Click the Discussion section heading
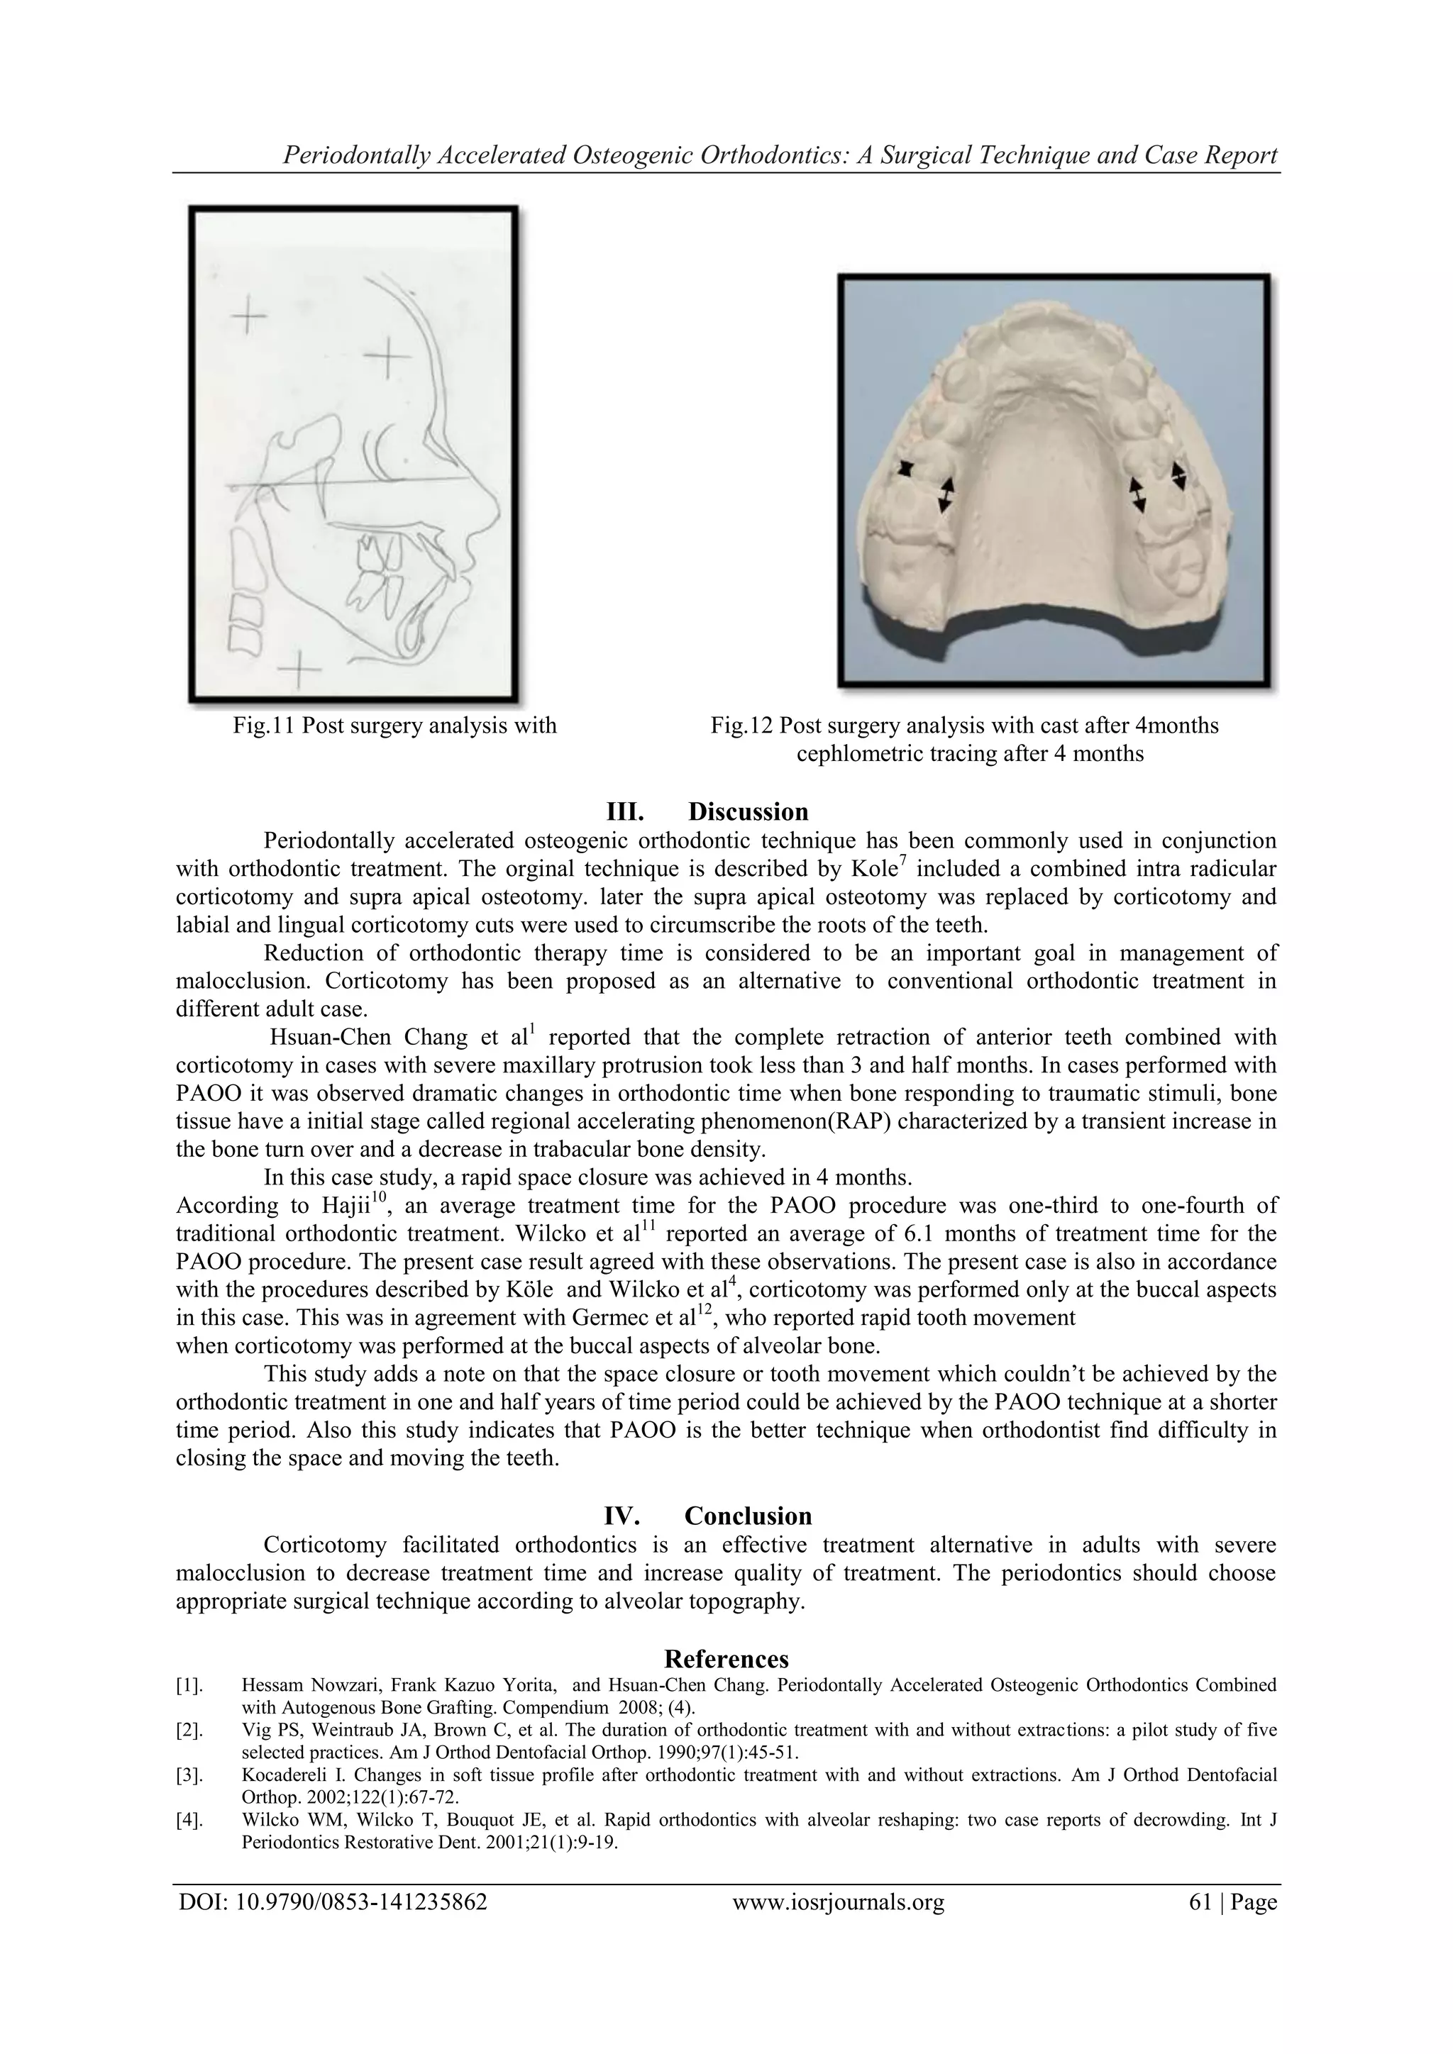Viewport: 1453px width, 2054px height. (x=747, y=811)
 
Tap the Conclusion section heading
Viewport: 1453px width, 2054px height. (x=747, y=1516)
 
